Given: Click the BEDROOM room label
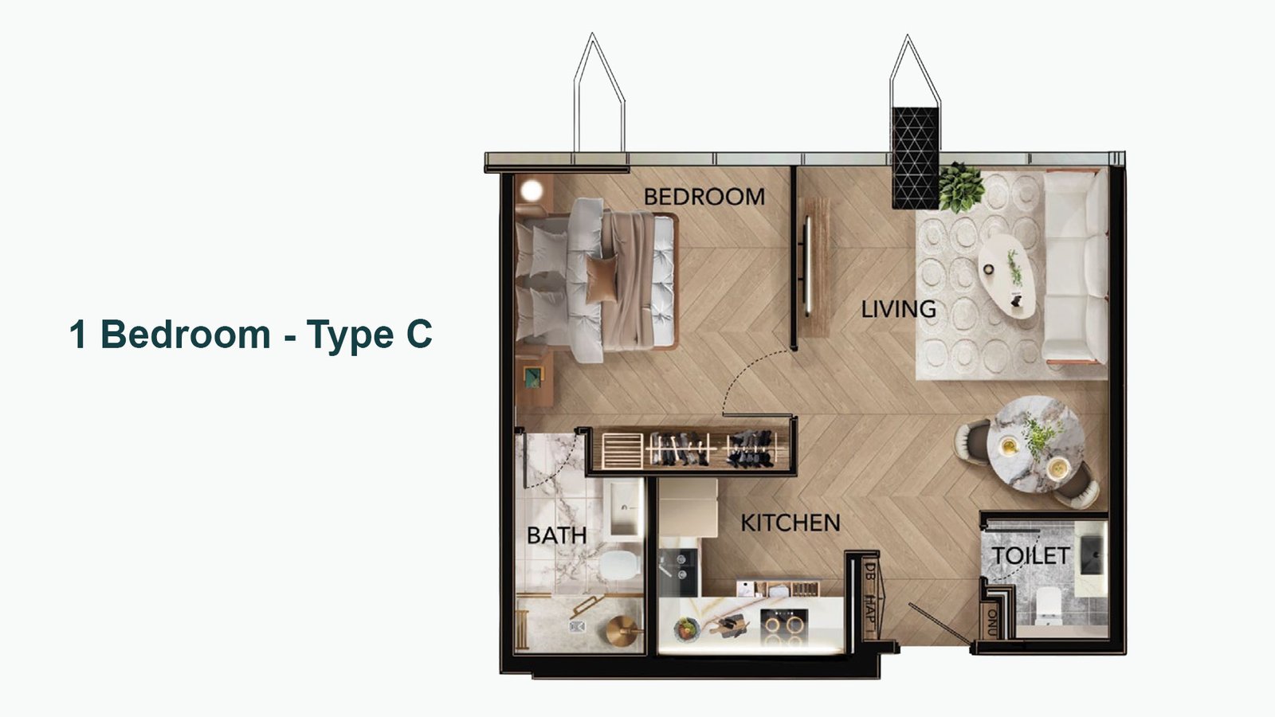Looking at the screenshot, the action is click(x=704, y=197).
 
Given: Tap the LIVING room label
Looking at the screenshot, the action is click(x=898, y=309).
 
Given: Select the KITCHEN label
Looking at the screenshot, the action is click(x=790, y=523).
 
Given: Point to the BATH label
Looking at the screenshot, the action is click(x=556, y=535).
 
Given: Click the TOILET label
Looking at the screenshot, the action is click(x=1030, y=555).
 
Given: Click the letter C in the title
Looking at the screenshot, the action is click(x=419, y=334).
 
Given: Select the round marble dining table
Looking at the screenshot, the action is click(x=1035, y=445).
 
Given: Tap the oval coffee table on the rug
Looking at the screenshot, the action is click(x=1006, y=276).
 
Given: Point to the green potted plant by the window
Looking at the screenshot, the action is click(x=961, y=187).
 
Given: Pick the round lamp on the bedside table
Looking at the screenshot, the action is click(x=532, y=190).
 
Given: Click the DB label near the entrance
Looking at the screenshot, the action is click(x=869, y=570).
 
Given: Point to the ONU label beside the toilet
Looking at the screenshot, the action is click(x=992, y=622).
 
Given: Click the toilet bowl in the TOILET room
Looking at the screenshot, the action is click(x=1048, y=604).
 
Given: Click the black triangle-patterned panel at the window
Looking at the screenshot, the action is click(x=916, y=159).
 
